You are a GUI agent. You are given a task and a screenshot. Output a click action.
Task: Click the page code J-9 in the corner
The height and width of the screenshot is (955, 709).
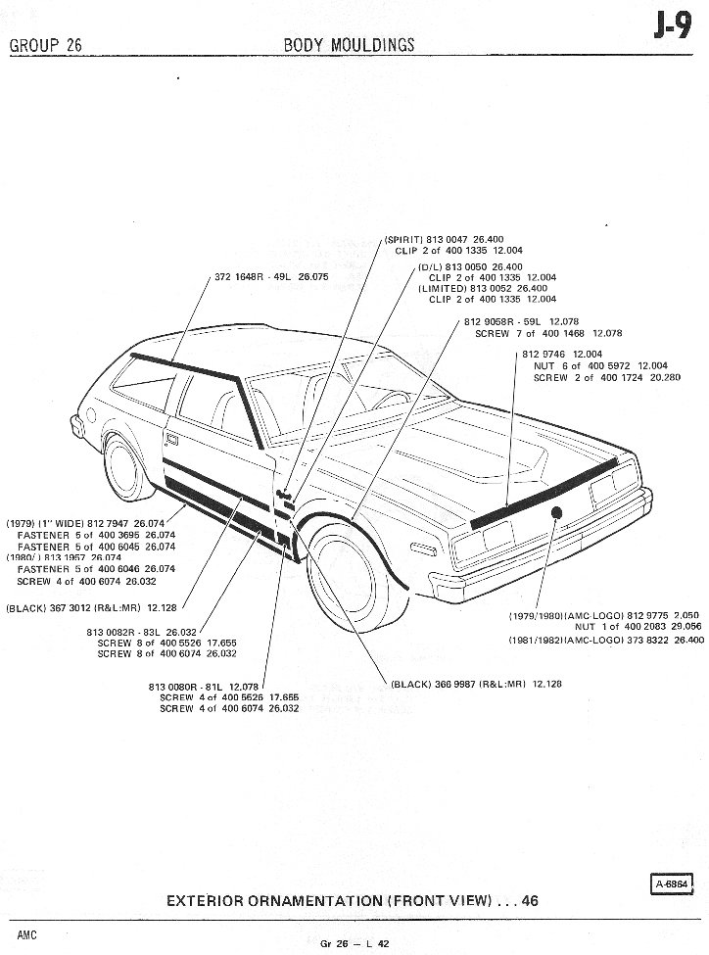[674, 31]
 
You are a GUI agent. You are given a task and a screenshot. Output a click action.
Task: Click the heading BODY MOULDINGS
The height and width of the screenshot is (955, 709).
[349, 45]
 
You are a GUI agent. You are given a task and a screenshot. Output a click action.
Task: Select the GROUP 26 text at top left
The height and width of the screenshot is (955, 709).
[46, 45]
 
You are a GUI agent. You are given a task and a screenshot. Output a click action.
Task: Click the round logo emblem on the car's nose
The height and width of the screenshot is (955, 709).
[557, 513]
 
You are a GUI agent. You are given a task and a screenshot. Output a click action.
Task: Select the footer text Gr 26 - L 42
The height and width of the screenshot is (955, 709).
[354, 942]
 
